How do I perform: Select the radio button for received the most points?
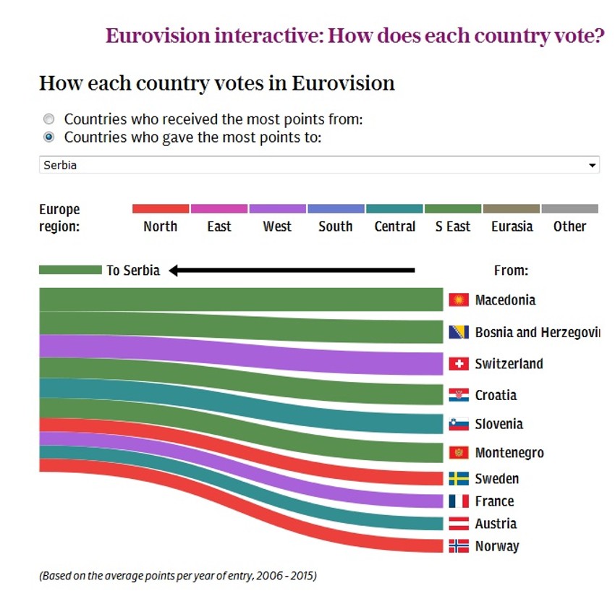[49, 119]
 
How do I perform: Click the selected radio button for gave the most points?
[49, 137]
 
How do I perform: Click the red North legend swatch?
[161, 208]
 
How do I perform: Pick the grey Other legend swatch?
[569, 208]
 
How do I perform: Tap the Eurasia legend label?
[512, 226]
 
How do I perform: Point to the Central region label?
[394, 226]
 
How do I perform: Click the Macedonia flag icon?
[459, 299]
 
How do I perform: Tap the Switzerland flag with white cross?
[459, 364]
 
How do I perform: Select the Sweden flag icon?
[459, 479]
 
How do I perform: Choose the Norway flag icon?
[459, 546]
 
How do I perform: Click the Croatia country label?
[496, 395]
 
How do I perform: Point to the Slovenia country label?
[499, 424]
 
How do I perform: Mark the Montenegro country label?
[509, 453]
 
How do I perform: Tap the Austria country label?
[496, 524]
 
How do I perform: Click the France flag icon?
[459, 501]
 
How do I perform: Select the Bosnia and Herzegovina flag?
[459, 332]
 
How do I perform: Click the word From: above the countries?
[511, 271]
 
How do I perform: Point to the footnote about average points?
[178, 577]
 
